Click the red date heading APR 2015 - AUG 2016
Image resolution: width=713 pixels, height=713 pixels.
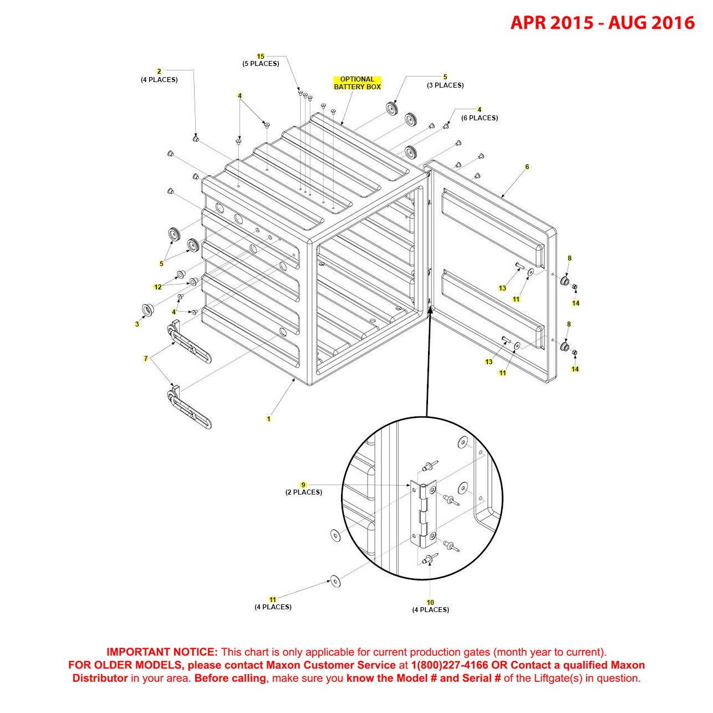coord(602,23)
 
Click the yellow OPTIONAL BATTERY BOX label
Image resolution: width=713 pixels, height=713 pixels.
coord(357,83)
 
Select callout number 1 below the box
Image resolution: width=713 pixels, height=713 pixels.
coord(269,419)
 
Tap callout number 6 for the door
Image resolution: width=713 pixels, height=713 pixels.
coord(527,167)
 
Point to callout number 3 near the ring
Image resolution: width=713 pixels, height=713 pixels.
coord(137,324)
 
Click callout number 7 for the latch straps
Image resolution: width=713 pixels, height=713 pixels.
coord(146,359)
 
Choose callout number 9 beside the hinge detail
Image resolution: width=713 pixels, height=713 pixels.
coord(303,485)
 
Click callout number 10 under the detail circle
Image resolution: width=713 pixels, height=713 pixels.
coord(430,602)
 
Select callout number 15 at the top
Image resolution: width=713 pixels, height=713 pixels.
coord(261,57)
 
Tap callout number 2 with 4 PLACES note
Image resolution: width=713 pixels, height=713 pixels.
coord(159,72)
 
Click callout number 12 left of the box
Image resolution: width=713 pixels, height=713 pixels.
coord(158,287)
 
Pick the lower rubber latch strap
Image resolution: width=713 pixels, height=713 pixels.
coord(189,409)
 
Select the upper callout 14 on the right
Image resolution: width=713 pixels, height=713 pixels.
coord(576,303)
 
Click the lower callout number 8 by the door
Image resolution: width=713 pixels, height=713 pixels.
coord(569,324)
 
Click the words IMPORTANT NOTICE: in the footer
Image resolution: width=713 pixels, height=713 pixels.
coord(162,653)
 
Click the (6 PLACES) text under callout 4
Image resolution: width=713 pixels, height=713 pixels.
coord(480,118)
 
